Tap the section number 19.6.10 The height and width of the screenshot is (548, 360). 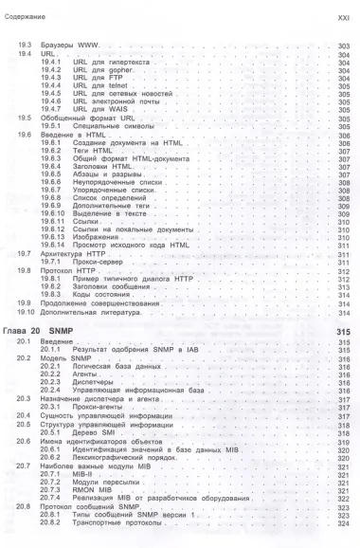57,215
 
